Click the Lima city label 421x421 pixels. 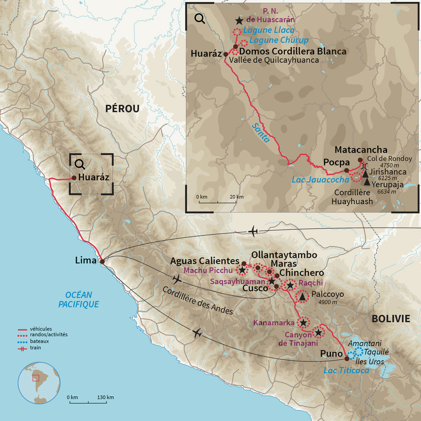[x=86, y=260]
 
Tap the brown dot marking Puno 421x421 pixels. [x=346, y=359]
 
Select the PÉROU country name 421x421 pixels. [x=122, y=109]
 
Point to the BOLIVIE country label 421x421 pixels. [x=391, y=319]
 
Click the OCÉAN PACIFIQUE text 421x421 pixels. [x=79, y=300]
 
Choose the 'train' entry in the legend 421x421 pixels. [x=35, y=348]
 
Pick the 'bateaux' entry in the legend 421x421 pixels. [x=39, y=341]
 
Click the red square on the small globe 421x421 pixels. [x=35, y=378]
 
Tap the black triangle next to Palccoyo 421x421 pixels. [x=302, y=296]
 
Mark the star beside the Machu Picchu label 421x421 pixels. [x=242, y=270]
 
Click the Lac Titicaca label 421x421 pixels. [x=346, y=370]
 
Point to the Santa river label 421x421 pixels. [x=261, y=133]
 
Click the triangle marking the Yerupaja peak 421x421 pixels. [x=367, y=182]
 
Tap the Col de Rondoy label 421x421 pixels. [x=389, y=158]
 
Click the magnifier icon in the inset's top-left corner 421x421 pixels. [x=199, y=18]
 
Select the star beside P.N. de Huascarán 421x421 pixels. [x=239, y=21]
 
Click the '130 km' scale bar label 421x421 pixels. [x=105, y=397]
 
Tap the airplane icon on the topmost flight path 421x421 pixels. [x=253, y=232]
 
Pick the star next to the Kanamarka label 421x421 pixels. [x=303, y=323]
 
